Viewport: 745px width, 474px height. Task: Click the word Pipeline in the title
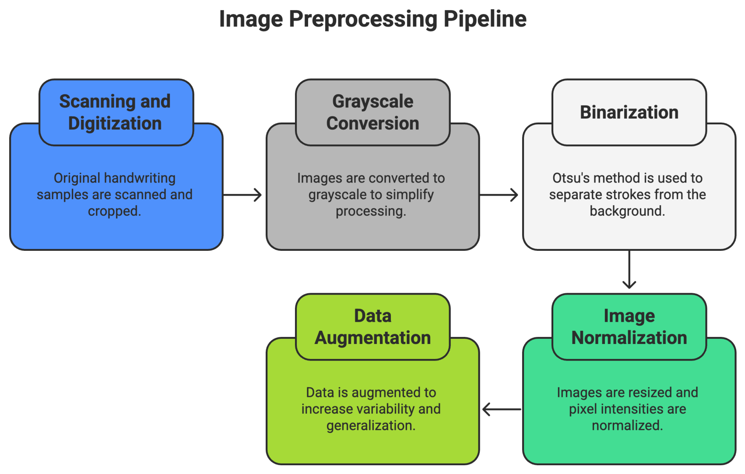pos(485,19)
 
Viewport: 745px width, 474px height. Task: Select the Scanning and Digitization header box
pos(116,112)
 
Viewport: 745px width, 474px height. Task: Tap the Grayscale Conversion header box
pos(373,112)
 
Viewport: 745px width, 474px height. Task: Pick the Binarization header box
pos(629,112)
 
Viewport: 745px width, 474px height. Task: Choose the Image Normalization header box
pos(629,327)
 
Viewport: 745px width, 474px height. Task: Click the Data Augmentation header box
pos(373,327)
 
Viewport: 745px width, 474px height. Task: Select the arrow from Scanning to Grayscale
pos(242,195)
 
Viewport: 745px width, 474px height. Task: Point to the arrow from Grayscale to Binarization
pos(499,195)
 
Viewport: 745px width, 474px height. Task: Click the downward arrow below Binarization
pos(629,270)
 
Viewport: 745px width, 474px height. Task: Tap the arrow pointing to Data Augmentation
pos(502,409)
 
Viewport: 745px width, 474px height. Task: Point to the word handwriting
pos(140,179)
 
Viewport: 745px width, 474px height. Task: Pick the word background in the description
pos(627,211)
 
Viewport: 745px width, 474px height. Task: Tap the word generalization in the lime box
pos(371,426)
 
